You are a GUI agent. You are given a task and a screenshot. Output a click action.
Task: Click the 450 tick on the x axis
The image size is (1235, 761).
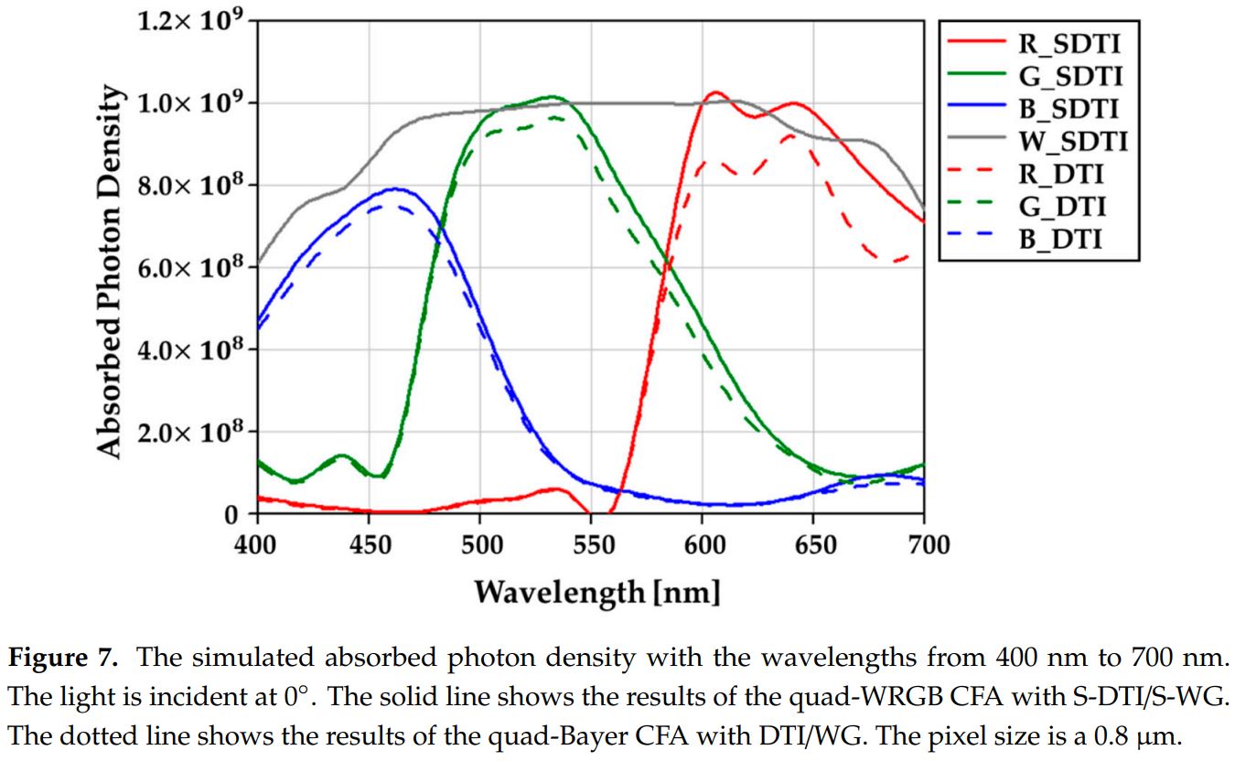(369, 546)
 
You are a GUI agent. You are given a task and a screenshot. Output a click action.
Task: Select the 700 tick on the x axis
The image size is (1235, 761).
(924, 546)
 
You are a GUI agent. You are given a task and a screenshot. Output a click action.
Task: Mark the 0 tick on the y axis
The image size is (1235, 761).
(232, 515)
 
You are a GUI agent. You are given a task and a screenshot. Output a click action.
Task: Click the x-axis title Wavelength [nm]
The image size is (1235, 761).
(596, 592)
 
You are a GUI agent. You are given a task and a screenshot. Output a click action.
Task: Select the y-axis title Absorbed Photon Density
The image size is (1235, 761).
(109, 271)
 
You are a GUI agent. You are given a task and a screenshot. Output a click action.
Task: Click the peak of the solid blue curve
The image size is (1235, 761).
(395, 189)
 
